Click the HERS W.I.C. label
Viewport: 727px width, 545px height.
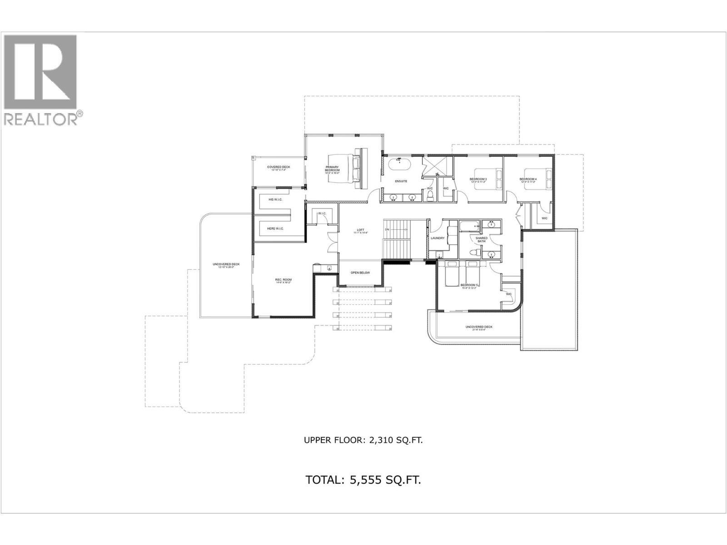click(x=275, y=228)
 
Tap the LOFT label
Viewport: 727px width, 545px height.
click(x=361, y=231)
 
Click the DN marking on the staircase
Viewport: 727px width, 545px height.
click(x=387, y=230)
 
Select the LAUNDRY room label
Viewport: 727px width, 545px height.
click(x=438, y=238)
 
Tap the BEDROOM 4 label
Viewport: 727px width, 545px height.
click(x=528, y=180)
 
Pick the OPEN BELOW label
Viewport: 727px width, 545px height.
click(x=360, y=273)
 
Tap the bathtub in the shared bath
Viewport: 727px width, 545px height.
click(x=471, y=226)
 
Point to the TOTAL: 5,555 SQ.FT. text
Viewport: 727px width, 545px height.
click(x=363, y=480)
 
